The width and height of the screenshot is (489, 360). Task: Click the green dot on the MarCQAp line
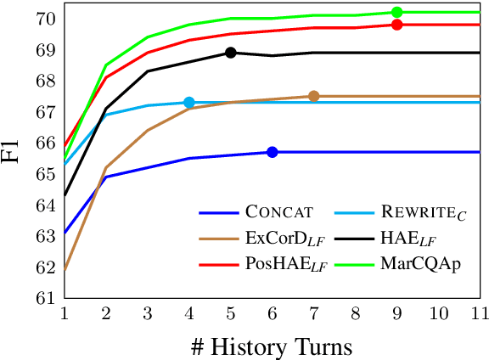point(396,12)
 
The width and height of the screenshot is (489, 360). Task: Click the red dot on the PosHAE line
point(396,25)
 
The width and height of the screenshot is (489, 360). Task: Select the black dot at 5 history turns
point(231,53)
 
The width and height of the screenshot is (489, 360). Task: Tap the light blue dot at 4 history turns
point(189,103)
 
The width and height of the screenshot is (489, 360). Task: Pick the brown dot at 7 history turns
point(313,96)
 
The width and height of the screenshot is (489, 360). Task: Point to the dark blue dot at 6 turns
point(273,152)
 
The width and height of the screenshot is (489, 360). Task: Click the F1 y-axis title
point(14,154)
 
